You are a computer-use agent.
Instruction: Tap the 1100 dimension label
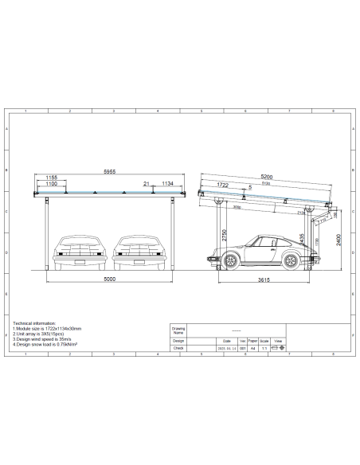click(x=52, y=185)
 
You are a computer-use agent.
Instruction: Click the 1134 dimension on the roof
click(x=167, y=185)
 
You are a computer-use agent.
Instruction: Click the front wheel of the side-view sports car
click(x=230, y=260)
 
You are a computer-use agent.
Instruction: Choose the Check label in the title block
click(x=178, y=348)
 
